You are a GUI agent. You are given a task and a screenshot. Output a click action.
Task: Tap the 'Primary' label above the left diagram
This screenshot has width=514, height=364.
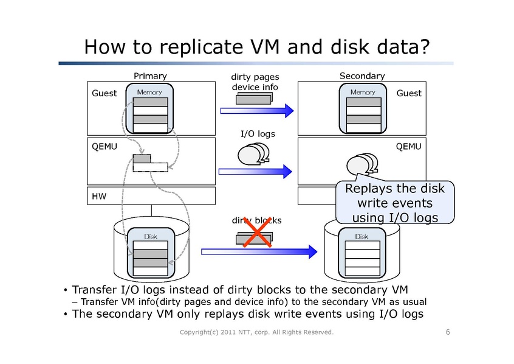click(150, 75)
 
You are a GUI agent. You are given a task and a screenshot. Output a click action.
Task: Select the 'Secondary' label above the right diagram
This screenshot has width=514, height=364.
click(362, 75)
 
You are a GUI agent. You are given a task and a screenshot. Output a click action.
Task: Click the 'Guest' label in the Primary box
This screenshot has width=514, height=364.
click(104, 93)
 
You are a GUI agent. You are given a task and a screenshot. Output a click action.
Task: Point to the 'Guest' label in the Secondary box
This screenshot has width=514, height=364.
click(409, 93)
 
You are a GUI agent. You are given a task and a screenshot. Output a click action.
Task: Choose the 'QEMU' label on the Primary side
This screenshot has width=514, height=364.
click(105, 147)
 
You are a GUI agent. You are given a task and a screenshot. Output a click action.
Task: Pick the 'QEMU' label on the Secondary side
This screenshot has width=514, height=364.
click(408, 147)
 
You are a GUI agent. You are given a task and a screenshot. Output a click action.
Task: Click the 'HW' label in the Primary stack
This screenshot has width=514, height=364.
click(98, 197)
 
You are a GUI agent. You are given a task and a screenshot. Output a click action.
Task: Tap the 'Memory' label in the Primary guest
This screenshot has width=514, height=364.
click(149, 93)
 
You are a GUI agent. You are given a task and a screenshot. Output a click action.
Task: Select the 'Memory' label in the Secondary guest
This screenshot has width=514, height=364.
click(363, 93)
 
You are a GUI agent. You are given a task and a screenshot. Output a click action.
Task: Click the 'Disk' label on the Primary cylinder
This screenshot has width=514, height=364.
click(150, 236)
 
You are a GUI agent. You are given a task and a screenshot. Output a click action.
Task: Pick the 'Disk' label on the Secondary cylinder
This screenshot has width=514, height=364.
click(362, 236)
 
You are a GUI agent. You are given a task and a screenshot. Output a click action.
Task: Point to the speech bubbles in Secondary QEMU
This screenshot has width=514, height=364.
click(360, 164)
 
